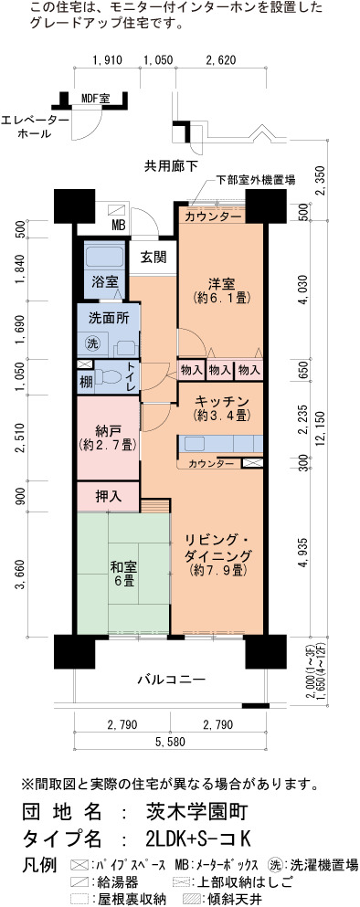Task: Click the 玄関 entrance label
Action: pyautogui.click(x=153, y=257)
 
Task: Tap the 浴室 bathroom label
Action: pyautogui.click(x=105, y=282)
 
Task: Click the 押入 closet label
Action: pyautogui.click(x=108, y=496)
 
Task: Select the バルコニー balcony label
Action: pyautogui.click(x=171, y=679)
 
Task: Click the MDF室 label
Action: pyautogui.click(x=96, y=99)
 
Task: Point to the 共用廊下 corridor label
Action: pyautogui.click(x=171, y=166)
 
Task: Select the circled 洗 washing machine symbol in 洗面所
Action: pyautogui.click(x=92, y=343)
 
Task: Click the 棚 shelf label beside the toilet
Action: pyautogui.click(x=85, y=381)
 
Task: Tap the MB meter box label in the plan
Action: pyautogui.click(x=118, y=225)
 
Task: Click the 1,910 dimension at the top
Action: pyautogui.click(x=108, y=59)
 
